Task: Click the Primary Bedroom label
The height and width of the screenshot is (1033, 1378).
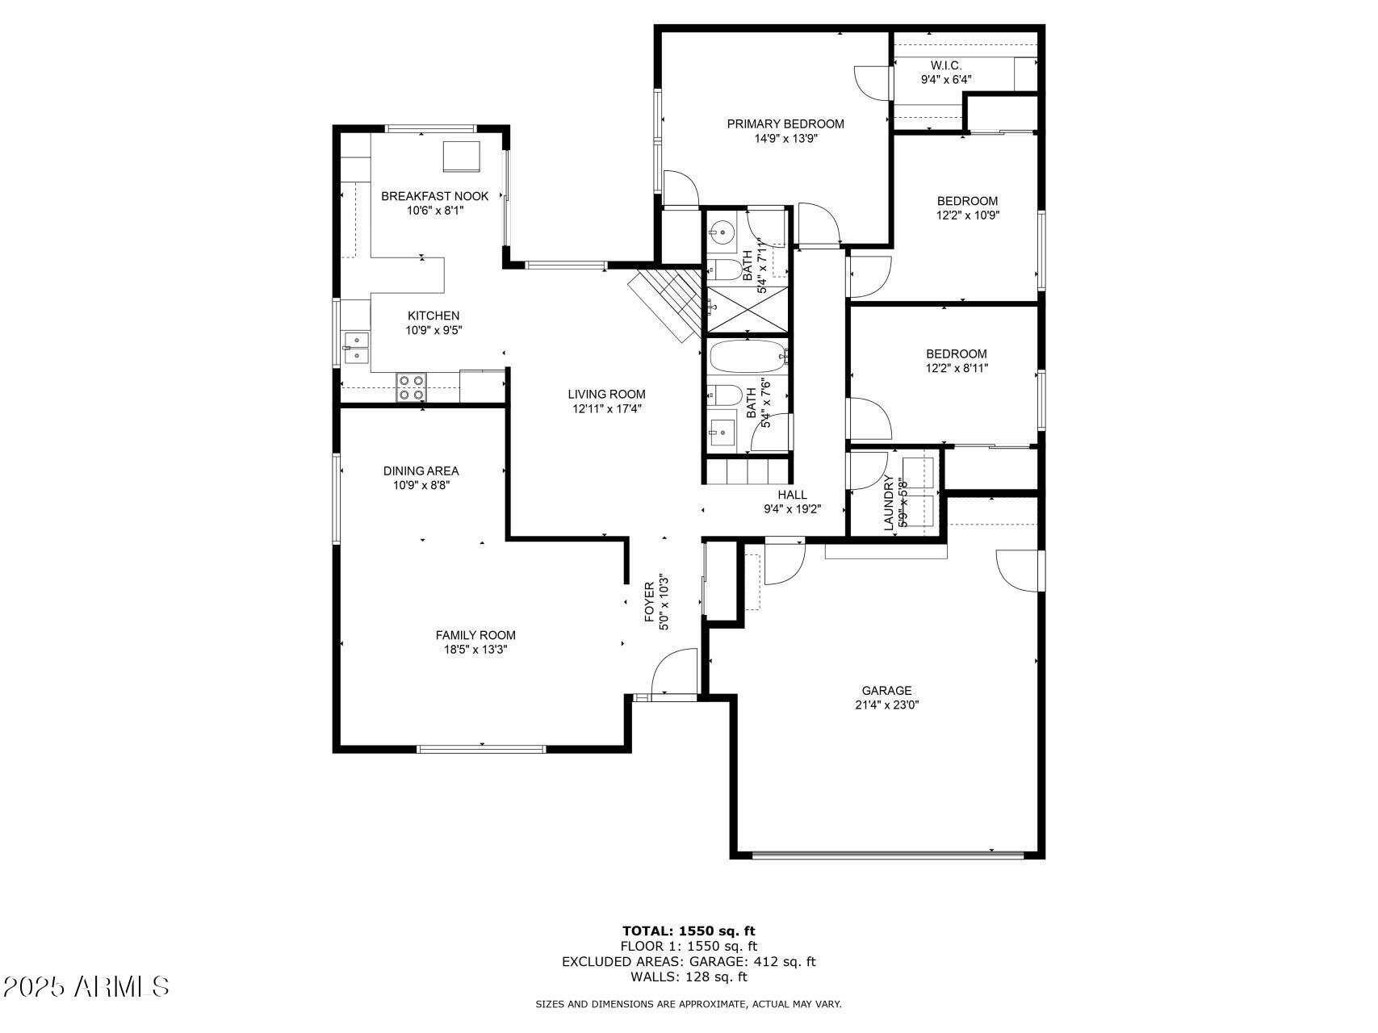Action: (785, 124)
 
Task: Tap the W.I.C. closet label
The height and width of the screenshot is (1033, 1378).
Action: (946, 65)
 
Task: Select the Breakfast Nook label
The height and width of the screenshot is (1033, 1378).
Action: (434, 196)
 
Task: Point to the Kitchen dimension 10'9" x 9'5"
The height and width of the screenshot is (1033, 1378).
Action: (434, 330)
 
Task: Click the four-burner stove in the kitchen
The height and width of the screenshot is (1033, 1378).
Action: (411, 387)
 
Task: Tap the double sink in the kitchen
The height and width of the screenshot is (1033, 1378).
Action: (355, 347)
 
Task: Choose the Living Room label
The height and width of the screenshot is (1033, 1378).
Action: (606, 395)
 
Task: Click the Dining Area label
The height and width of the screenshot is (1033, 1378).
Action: (421, 471)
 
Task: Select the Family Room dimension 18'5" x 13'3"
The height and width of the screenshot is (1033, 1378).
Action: (475, 650)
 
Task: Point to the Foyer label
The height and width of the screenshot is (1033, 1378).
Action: (650, 602)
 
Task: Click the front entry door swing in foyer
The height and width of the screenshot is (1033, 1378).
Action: (674, 671)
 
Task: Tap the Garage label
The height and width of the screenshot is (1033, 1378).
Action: (886, 691)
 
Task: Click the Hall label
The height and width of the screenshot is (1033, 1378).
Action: (792, 495)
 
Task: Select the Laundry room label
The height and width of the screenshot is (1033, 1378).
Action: (890, 503)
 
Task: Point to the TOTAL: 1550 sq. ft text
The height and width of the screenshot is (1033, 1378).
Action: (689, 931)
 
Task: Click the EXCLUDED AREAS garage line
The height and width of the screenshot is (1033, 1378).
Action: (689, 962)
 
